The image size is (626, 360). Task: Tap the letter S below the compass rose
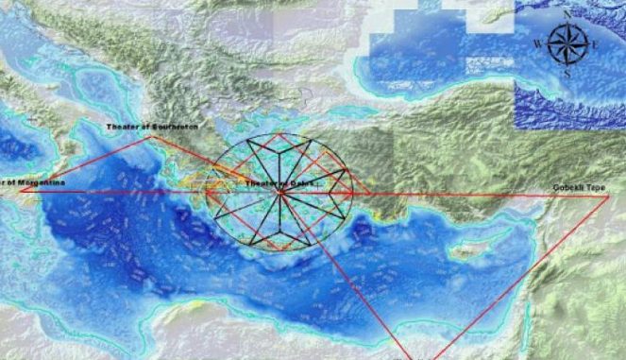point(567,73)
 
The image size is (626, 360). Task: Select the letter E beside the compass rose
point(595,43)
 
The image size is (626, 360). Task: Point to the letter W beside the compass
point(537,43)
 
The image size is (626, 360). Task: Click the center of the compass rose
point(567,43)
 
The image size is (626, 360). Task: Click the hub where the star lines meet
point(280,193)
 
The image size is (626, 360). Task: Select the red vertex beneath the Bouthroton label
point(149,136)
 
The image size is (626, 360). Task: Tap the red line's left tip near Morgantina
point(21,190)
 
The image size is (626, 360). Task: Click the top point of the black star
point(280,134)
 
